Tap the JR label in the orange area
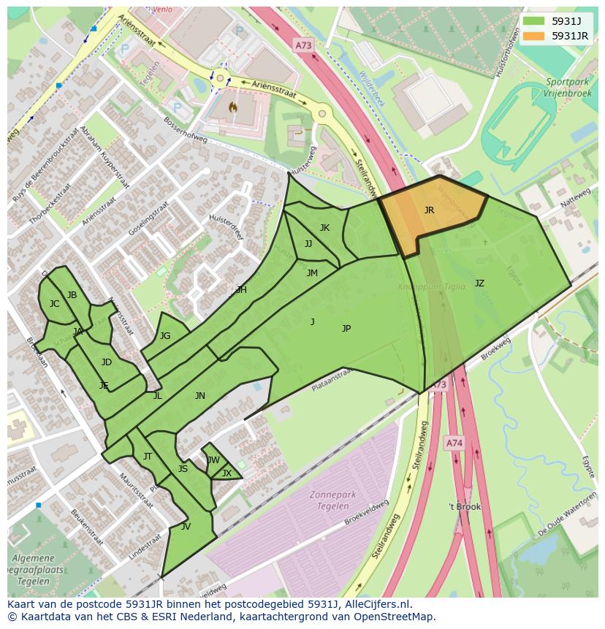[429, 210]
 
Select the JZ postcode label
[479, 283]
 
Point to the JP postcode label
[346, 329]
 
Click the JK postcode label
[324, 228]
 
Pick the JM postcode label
[312, 273]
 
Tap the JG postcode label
[165, 336]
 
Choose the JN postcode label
[199, 396]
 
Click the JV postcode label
[186, 526]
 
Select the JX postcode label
[227, 473]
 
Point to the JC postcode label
[54, 304]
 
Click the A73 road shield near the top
[303, 45]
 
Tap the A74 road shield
[454, 443]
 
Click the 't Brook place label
[465, 506]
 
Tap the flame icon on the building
[233, 107]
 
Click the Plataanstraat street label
[332, 378]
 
